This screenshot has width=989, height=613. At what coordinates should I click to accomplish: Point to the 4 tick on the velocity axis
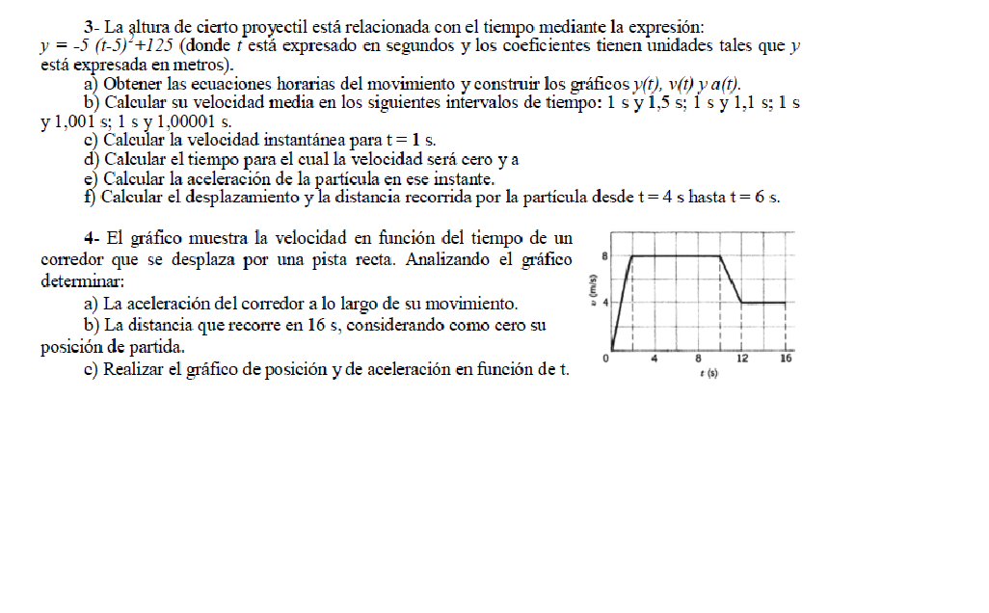point(604,303)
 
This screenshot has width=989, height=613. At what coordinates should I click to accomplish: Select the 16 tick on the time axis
point(786,359)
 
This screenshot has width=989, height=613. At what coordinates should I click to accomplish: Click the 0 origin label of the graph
point(605,359)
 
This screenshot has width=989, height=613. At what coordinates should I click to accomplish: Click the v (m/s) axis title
point(592,287)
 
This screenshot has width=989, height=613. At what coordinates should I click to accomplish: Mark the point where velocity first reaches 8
point(631,255)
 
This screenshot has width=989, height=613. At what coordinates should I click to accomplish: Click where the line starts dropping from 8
point(720,255)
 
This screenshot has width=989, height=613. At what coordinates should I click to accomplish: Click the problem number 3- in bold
point(91,26)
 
